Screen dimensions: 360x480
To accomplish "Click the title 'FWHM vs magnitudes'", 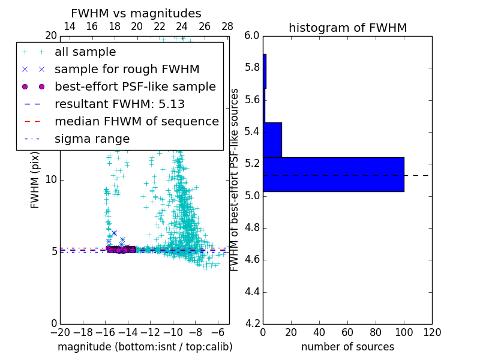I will click(x=136, y=13).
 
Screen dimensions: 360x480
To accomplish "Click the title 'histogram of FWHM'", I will click(x=347, y=28).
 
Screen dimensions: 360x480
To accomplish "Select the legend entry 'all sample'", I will click(x=85, y=52).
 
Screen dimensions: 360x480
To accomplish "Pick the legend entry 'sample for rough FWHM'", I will click(x=127, y=70).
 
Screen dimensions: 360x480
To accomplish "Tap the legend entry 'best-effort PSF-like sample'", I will click(x=135, y=87).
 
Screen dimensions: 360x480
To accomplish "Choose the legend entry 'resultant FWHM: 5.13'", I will click(x=119, y=104).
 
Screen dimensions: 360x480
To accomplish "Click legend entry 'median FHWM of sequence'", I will click(x=136, y=122).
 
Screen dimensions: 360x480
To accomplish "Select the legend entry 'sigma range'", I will click(x=92, y=139).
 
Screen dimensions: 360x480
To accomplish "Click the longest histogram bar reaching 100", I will click(x=333, y=175).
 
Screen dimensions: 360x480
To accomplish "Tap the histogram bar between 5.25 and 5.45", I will click(x=272, y=140).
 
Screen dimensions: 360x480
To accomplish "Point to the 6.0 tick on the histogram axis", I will click(x=252, y=35).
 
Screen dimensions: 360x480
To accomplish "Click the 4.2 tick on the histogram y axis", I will click(x=252, y=324).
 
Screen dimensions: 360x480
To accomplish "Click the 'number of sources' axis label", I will click(x=347, y=347).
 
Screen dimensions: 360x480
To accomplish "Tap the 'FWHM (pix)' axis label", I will click(x=35, y=181).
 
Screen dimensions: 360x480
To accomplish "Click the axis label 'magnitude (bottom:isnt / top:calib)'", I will click(x=145, y=347).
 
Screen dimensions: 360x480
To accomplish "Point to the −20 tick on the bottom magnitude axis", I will click(x=60, y=332).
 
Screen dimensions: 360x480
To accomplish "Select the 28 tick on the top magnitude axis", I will click(x=227, y=27).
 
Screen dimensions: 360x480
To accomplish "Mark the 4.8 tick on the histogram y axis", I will click(x=252, y=228).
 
